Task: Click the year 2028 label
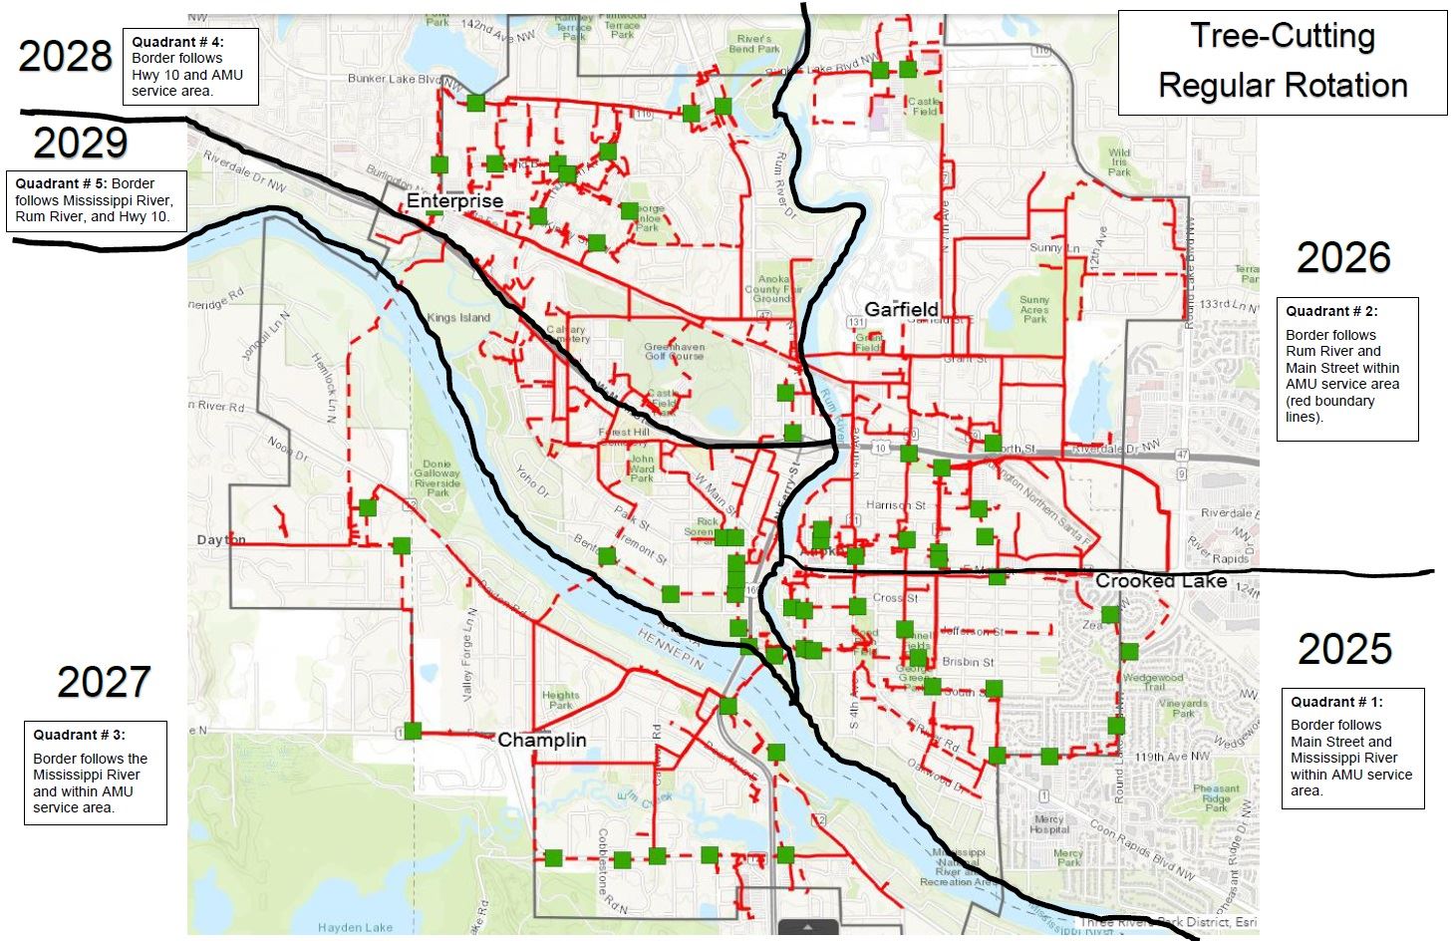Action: pyautogui.click(x=66, y=57)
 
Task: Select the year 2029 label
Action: pyautogui.click(x=81, y=144)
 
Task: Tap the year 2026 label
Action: pyautogui.click(x=1343, y=258)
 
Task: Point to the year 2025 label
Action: pyautogui.click(x=1344, y=649)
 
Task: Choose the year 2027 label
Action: pyautogui.click(x=104, y=683)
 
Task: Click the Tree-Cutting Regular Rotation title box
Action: pyautogui.click(x=1282, y=62)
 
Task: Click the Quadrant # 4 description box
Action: pyautogui.click(x=190, y=67)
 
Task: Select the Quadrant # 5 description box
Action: pyautogui.click(x=97, y=200)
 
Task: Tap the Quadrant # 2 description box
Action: pyautogui.click(x=1346, y=369)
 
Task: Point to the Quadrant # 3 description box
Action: pyautogui.click(x=95, y=773)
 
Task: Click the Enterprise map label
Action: pyautogui.click(x=454, y=201)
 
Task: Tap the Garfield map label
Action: pyautogui.click(x=901, y=309)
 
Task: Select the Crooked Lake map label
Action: pyautogui.click(x=1160, y=581)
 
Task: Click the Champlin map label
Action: pyautogui.click(x=541, y=740)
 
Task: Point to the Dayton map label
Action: pyautogui.click(x=221, y=539)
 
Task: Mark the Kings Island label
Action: pyautogui.click(x=458, y=318)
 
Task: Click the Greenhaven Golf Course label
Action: pyautogui.click(x=674, y=352)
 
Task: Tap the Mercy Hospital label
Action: pyautogui.click(x=1048, y=824)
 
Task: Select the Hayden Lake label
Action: pyautogui.click(x=355, y=927)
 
